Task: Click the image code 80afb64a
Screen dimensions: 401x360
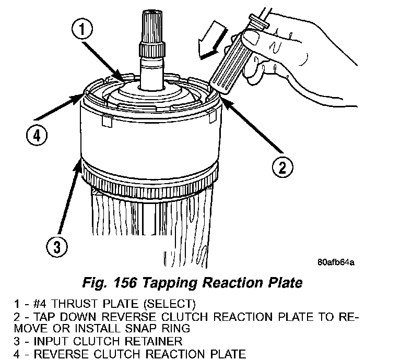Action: click(335, 262)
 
